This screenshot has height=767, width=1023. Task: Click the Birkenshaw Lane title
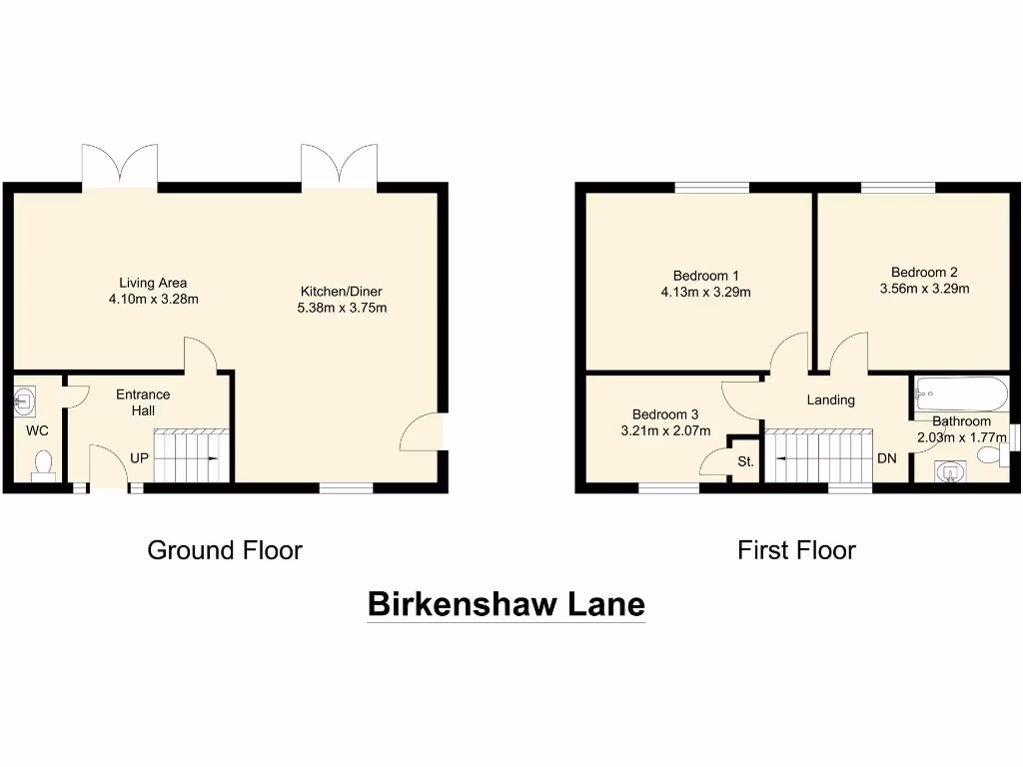point(507,604)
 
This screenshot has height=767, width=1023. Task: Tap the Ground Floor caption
point(225,550)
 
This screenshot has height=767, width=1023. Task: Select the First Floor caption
point(796,550)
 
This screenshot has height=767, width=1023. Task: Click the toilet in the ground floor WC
point(43,465)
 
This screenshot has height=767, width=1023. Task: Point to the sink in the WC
point(25,401)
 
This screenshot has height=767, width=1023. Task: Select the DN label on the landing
point(886,459)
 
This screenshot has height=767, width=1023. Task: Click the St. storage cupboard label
point(745,462)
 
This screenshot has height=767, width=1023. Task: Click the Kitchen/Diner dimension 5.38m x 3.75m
point(342,308)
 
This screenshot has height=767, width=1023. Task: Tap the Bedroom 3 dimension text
point(664,431)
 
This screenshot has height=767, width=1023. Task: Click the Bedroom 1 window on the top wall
point(711,187)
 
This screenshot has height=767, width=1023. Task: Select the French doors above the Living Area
point(120,166)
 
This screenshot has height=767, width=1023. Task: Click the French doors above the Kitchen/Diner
point(340,166)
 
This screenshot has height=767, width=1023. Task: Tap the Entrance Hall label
point(143,401)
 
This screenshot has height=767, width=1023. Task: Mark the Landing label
point(831,399)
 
